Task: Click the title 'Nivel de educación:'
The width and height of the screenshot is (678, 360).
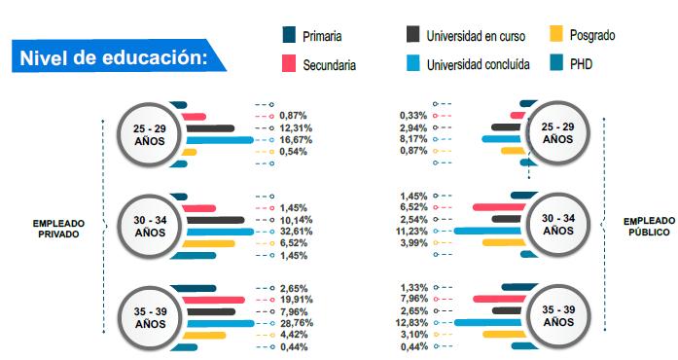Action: (114, 56)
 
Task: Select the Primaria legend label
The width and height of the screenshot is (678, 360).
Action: (322, 37)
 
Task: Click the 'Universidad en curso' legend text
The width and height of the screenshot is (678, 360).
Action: (475, 37)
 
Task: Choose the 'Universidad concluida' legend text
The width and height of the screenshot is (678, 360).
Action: (477, 65)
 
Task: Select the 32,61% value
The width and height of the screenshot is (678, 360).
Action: (295, 232)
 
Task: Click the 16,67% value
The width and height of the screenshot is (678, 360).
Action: (295, 140)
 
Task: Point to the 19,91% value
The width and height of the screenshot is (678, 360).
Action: (295, 300)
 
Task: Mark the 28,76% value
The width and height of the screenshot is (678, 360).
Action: (295, 323)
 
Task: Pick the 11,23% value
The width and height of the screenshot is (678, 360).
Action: (413, 232)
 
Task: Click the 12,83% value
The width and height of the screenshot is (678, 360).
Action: (413, 323)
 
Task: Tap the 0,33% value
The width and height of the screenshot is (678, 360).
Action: (414, 116)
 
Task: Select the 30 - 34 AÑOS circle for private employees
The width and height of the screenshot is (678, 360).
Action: (150, 227)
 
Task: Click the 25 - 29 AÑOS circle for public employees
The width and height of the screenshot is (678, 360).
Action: (557, 134)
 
